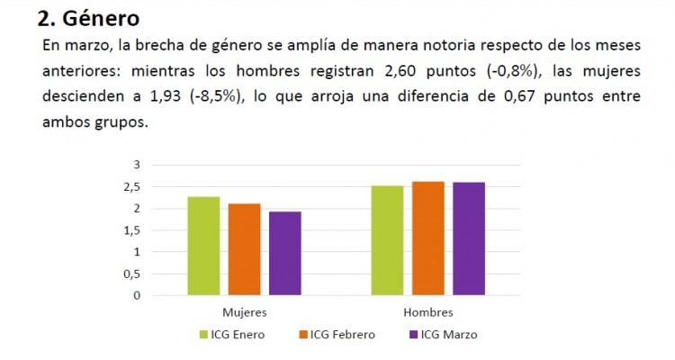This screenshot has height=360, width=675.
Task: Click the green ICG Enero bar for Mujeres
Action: [x=203, y=246]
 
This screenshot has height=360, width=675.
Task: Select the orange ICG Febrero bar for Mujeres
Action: [x=244, y=249]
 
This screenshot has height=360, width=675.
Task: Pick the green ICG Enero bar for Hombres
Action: [x=388, y=240]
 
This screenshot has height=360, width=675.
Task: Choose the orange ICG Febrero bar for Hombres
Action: [x=428, y=238]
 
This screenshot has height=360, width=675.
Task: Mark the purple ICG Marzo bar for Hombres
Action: [x=469, y=238]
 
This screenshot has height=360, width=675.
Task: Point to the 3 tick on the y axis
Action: [x=137, y=165]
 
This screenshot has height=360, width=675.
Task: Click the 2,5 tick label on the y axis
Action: [x=132, y=186]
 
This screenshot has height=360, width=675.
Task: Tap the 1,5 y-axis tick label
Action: [x=132, y=229]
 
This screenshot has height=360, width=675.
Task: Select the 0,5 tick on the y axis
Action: [x=132, y=274]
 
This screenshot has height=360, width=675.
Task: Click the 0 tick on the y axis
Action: [x=137, y=295]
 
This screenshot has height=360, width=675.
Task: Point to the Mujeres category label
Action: [x=244, y=312]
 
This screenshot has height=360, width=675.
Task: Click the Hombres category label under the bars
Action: [x=428, y=312]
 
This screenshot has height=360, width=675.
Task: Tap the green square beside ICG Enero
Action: [x=203, y=335]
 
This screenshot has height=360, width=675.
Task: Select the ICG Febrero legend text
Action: [x=342, y=335]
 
